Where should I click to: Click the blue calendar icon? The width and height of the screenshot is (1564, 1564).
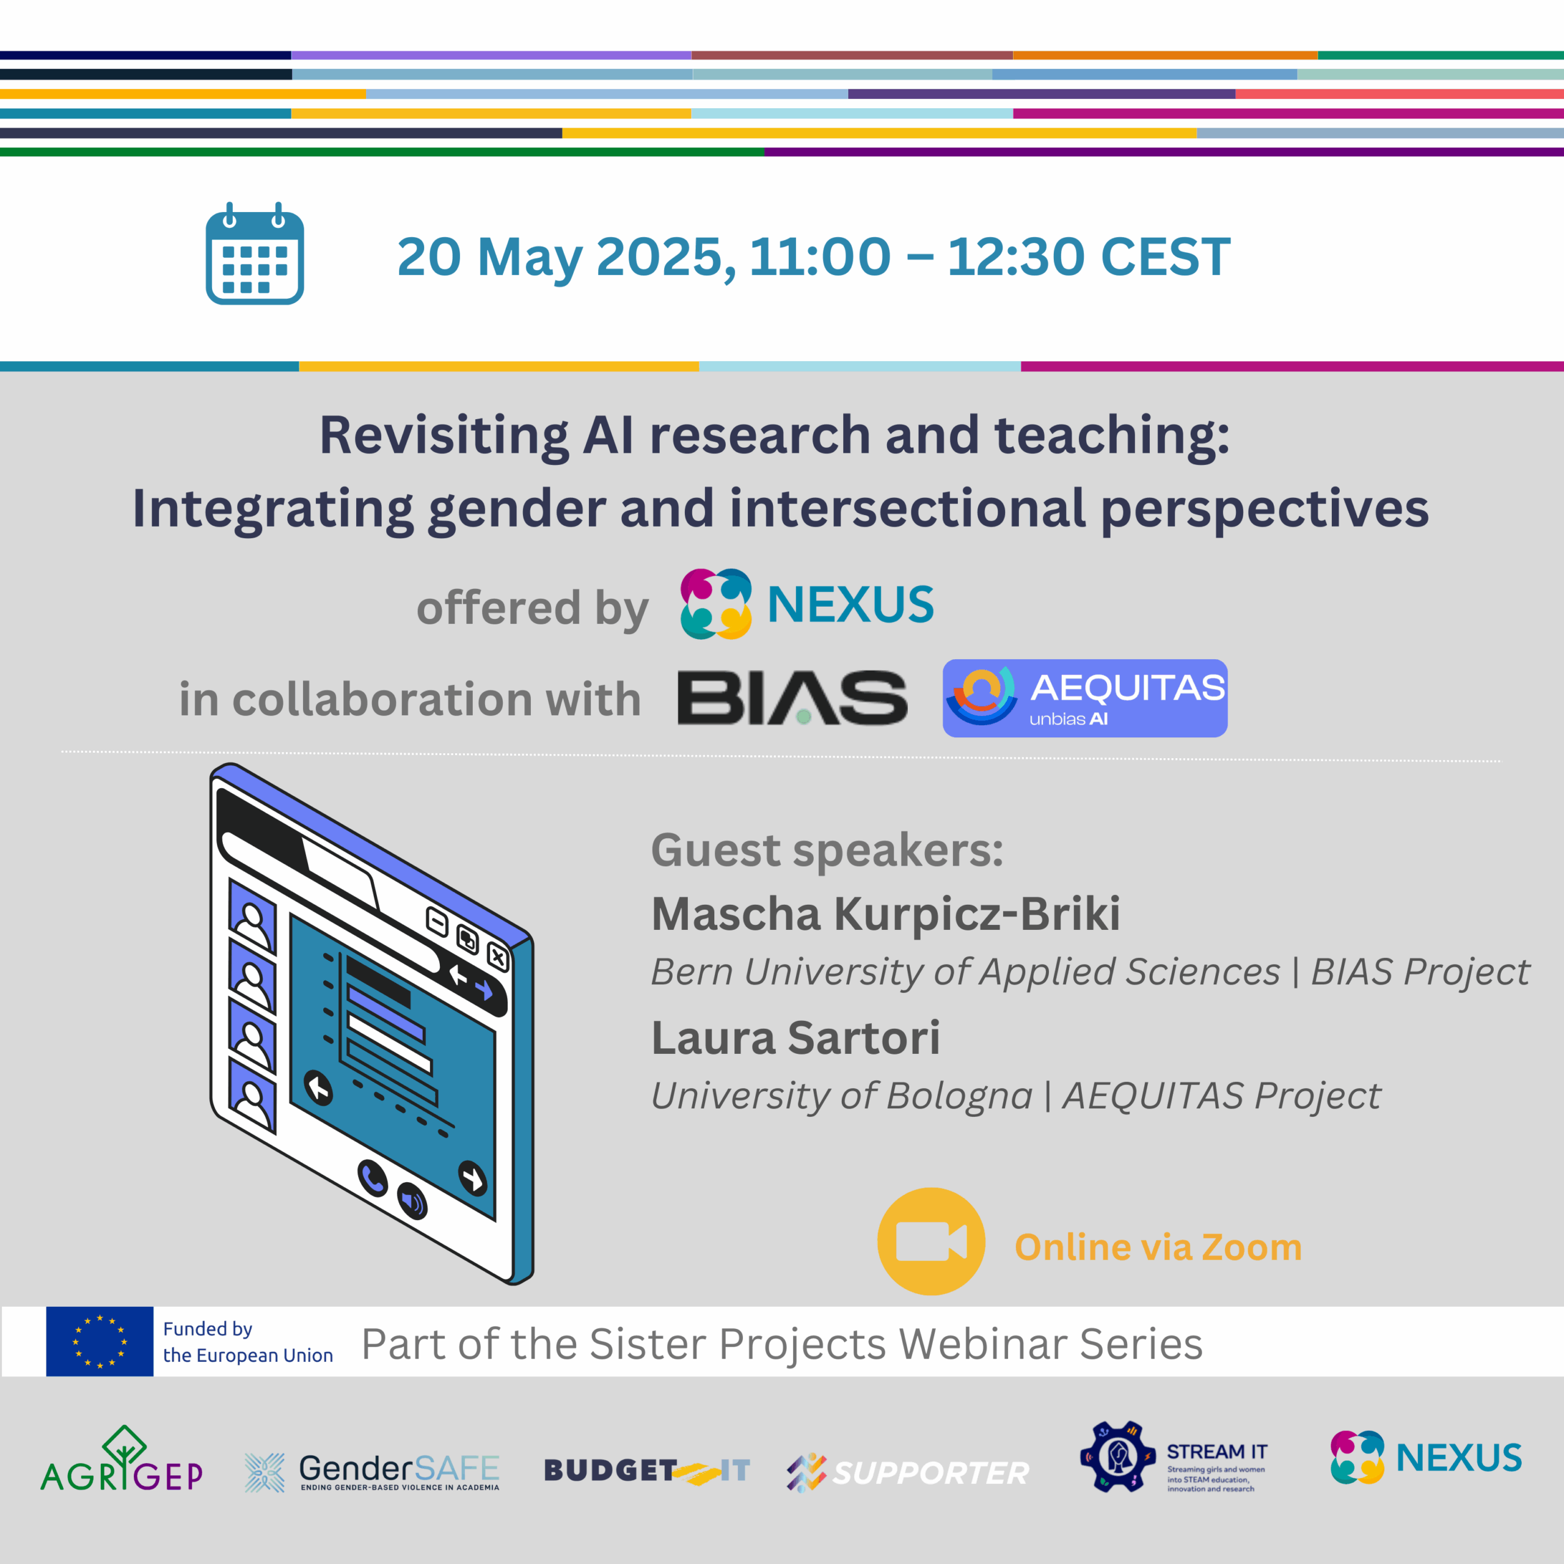coord(254,254)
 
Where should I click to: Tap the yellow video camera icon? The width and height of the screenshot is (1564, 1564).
coord(931,1241)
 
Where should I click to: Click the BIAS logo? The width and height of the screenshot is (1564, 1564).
coord(792,697)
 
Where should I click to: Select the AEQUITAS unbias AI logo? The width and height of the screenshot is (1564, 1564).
coord(1085,698)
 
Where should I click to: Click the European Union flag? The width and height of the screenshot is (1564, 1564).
coord(100,1342)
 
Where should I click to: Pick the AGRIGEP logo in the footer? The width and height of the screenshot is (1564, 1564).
coord(122,1461)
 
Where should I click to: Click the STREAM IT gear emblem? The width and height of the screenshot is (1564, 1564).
coord(1118,1457)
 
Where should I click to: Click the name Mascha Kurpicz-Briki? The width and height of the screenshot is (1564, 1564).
coord(886,914)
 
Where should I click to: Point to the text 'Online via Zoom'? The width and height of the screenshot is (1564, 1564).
coord(1158,1248)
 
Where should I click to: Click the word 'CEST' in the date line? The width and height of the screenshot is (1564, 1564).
coord(1166,257)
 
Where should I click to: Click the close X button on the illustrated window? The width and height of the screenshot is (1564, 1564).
coord(498,959)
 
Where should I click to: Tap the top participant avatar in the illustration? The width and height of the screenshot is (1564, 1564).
coord(252,918)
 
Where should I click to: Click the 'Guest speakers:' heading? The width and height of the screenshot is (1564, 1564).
coord(827,850)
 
